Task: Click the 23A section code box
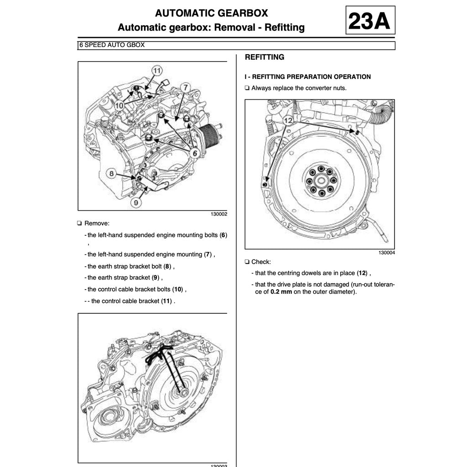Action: coord(370,21)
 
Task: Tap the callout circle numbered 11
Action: coord(156,71)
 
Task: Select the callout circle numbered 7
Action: coord(185,87)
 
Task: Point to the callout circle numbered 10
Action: coord(119,105)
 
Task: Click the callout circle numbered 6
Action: coord(195,153)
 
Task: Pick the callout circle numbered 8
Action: coord(111,173)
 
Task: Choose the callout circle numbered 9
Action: coord(136,202)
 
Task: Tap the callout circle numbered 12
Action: coord(288,120)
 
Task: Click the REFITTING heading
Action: coord(265,57)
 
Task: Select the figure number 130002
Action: coord(218,214)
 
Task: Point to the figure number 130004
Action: coord(386,253)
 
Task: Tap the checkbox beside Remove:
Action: coord(80,223)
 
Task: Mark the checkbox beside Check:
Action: coord(247,262)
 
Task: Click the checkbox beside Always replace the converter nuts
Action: coord(247,88)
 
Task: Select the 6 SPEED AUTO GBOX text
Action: coord(112,45)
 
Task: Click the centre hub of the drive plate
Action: coord(321,181)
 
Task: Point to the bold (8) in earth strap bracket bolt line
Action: coord(167,266)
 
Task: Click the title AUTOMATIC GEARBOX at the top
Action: coord(211,13)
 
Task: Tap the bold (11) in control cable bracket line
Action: coord(167,301)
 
